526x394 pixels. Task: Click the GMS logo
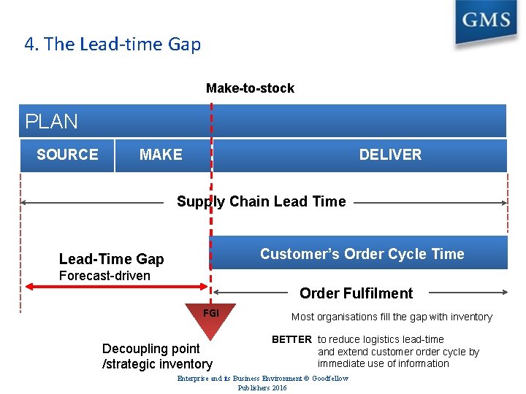[485, 21]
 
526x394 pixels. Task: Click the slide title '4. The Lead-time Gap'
[113, 45]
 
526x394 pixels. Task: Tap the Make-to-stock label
[250, 88]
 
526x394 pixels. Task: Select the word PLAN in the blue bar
[51, 121]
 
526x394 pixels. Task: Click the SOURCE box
[67, 155]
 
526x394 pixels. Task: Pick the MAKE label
[161, 155]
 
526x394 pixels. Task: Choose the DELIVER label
[390, 155]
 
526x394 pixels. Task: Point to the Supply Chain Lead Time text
[262, 201]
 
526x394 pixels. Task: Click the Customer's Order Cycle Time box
[362, 254]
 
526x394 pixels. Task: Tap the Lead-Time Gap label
[112, 259]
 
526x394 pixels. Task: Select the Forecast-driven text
[104, 276]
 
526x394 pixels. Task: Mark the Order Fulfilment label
[356, 293]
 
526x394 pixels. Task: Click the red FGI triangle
[210, 318]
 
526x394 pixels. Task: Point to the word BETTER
[291, 339]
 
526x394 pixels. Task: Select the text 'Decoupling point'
[150, 349]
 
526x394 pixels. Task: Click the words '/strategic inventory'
[157, 363]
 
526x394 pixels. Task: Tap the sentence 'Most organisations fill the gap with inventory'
[392, 317]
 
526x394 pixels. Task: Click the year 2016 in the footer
[278, 387]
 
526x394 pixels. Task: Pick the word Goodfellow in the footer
[329, 379]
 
